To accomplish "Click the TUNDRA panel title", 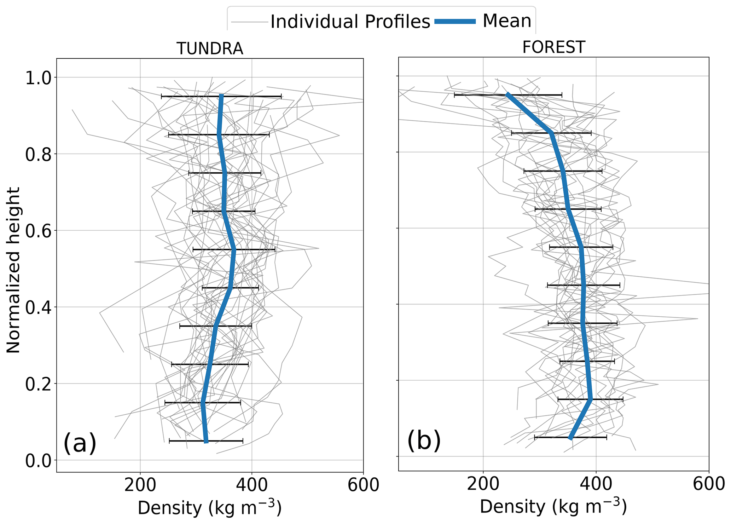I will tap(210, 48).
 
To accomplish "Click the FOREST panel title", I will tap(553, 47).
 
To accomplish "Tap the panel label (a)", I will tap(80, 443).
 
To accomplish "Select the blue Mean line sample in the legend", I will tap(455, 21).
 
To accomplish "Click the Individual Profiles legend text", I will tap(350, 22).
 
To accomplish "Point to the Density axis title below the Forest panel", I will tap(553, 507).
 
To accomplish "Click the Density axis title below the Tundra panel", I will tap(209, 508).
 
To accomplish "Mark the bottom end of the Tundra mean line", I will tap(206, 442).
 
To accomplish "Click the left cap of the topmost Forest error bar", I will tap(454, 95).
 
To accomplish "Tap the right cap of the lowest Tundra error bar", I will tap(243, 441).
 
